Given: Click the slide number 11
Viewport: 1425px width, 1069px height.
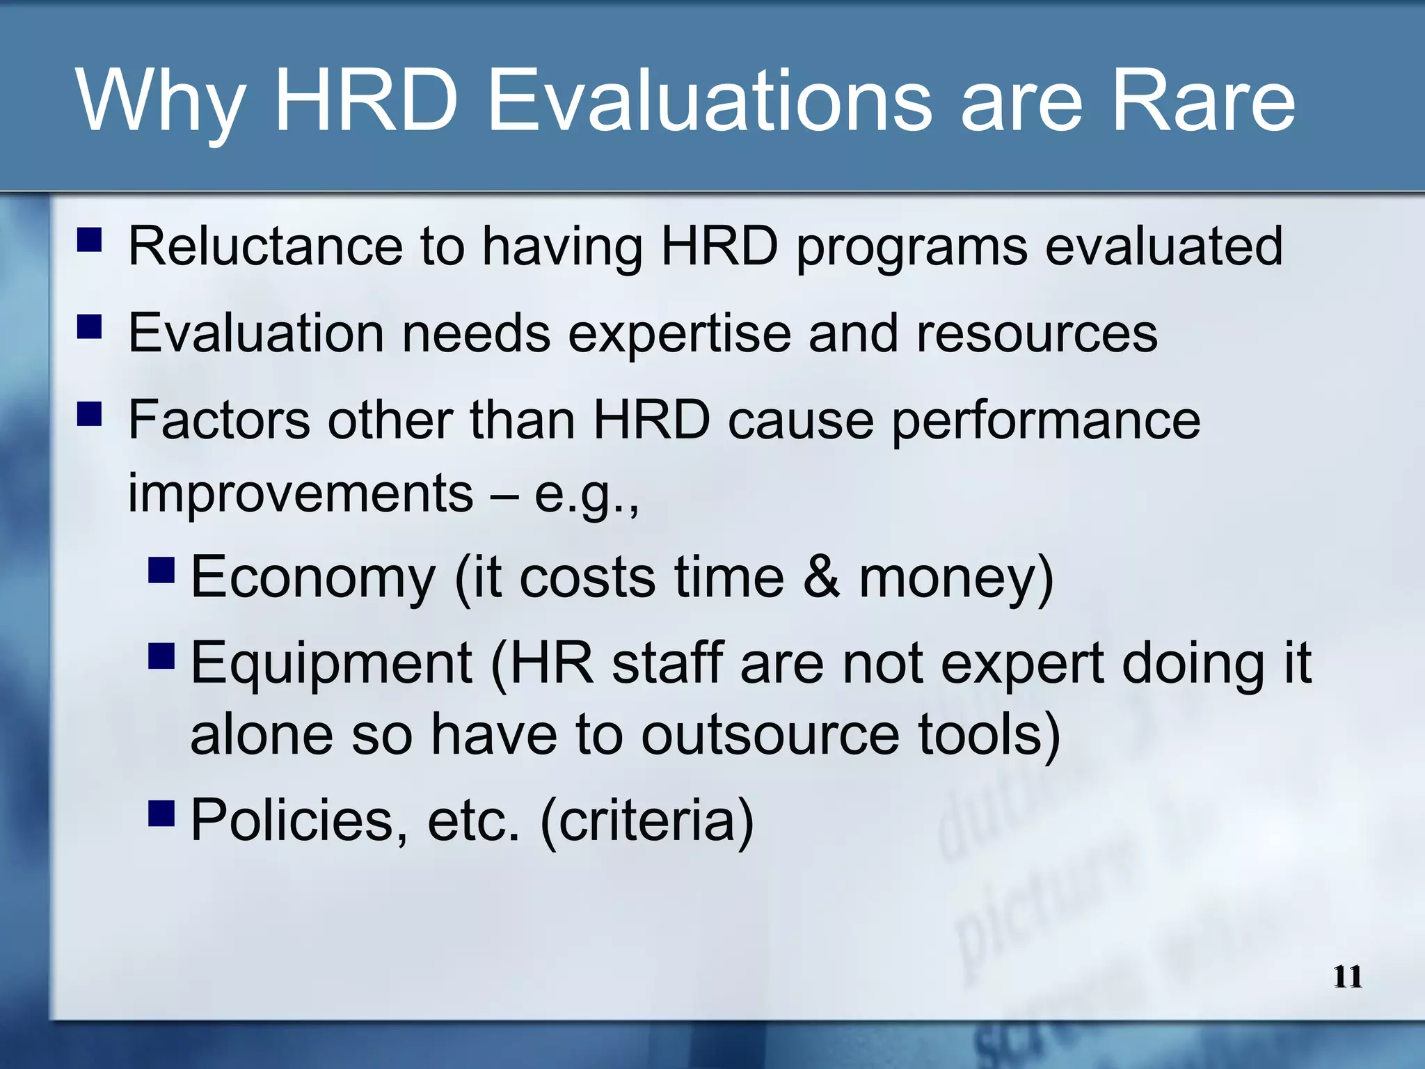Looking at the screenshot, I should pyautogui.click(x=1347, y=977).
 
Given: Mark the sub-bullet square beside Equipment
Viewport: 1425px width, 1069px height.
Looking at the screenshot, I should pyautogui.click(x=161, y=656).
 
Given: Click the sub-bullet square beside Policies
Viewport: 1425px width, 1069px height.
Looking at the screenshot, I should pyautogui.click(x=161, y=812).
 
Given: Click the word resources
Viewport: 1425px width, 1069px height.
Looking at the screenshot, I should pyautogui.click(x=1037, y=333).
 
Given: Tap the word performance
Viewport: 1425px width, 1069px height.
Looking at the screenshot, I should pyautogui.click(x=1046, y=422).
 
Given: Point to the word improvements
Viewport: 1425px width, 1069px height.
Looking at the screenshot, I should pyautogui.click(x=300, y=493).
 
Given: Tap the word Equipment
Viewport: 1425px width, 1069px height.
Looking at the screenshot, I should pyautogui.click(x=331, y=664).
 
